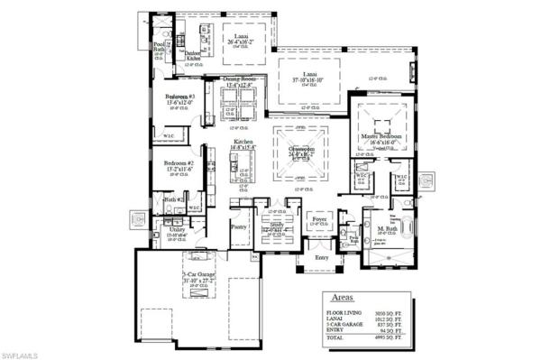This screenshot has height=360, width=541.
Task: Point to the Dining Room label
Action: [x=241, y=80]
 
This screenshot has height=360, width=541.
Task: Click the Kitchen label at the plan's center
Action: [x=243, y=143]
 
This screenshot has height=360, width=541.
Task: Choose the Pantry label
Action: [x=239, y=228]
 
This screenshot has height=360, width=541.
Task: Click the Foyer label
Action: [x=319, y=217]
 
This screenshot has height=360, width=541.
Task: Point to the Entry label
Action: [x=323, y=257]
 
